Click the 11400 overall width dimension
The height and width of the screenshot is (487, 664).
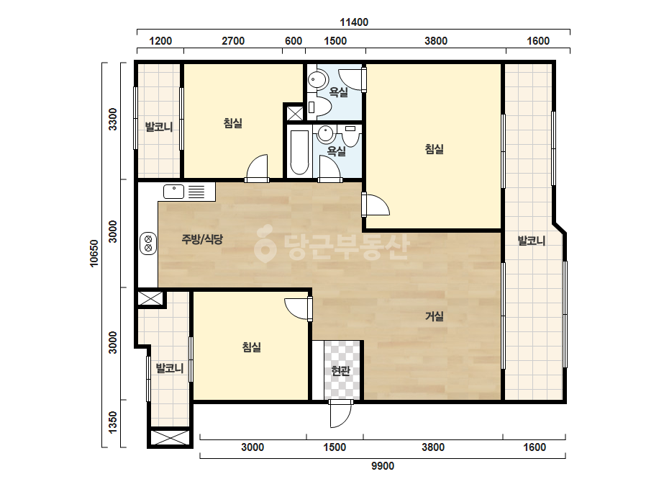point(354,22)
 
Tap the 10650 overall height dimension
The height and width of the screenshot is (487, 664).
point(94,254)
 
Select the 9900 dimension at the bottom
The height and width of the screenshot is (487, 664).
point(383,466)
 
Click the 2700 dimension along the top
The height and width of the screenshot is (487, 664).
point(233,41)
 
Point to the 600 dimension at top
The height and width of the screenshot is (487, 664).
point(294,41)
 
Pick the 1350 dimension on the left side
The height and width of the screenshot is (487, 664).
point(113,422)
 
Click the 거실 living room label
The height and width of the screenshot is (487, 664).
point(435,316)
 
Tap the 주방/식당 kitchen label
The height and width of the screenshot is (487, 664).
point(202,239)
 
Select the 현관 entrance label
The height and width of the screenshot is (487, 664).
point(341,371)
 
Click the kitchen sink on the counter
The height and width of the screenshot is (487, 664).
point(173,192)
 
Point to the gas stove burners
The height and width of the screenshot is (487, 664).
point(149,243)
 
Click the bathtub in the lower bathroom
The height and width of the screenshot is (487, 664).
point(299,152)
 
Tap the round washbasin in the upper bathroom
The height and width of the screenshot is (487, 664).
point(317,79)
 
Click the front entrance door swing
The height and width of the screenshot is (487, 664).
point(340,414)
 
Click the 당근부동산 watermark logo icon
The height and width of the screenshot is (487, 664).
point(265,243)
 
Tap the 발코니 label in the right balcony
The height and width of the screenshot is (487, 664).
point(532,241)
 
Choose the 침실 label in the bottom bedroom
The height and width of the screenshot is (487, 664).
point(252,347)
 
